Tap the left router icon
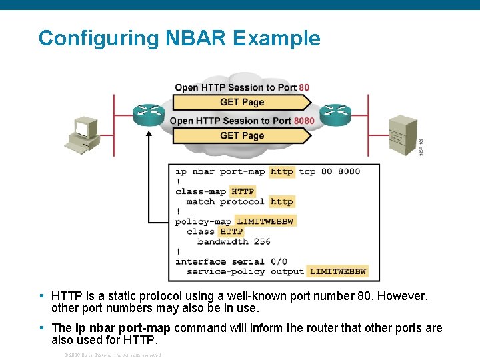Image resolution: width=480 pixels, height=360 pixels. pyautogui.click(x=148, y=114)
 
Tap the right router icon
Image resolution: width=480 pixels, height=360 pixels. pyautogui.click(x=335, y=114)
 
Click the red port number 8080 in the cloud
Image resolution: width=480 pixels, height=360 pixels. pyautogui.click(x=304, y=121)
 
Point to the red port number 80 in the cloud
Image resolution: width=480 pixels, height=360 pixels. pyautogui.click(x=304, y=87)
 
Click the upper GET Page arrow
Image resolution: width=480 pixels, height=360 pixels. pyautogui.click(x=242, y=102)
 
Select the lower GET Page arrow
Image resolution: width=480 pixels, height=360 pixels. pyautogui.click(x=242, y=135)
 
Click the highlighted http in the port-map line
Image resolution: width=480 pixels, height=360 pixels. pyautogui.click(x=281, y=171)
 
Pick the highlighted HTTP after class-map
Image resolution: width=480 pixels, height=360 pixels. pyautogui.click(x=243, y=191)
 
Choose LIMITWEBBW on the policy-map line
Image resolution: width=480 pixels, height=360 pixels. pyautogui.click(x=265, y=221)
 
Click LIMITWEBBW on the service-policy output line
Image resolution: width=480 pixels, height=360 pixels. pyautogui.click(x=338, y=271)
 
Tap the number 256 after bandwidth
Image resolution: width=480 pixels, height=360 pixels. pyautogui.click(x=262, y=241)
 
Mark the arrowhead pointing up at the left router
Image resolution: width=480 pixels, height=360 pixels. pyautogui.click(x=148, y=133)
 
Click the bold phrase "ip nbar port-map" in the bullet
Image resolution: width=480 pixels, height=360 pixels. pyautogui.click(x=123, y=328)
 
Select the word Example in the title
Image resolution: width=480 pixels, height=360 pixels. pyautogui.click(x=276, y=38)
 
